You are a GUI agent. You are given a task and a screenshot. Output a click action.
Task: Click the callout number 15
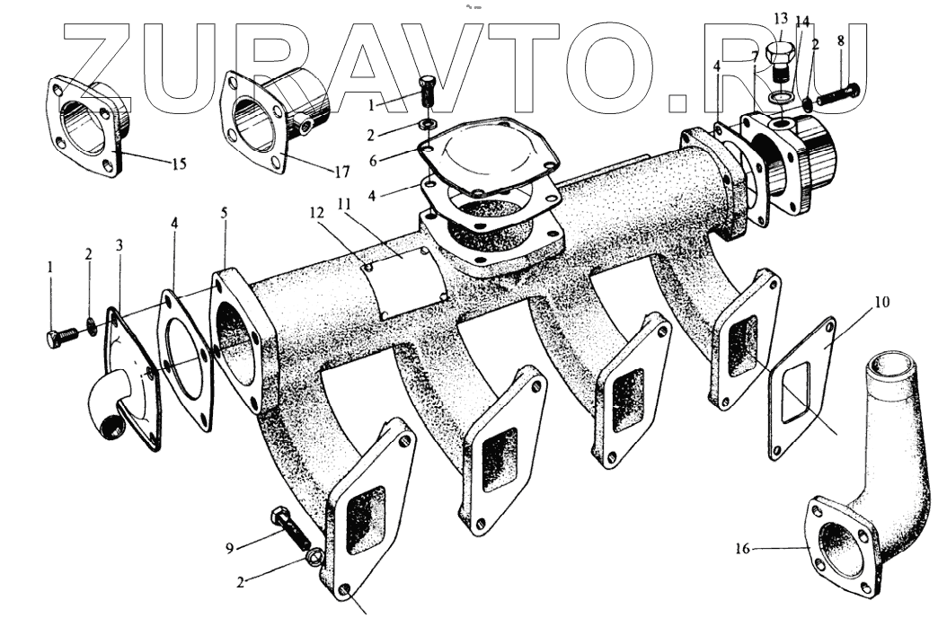179,164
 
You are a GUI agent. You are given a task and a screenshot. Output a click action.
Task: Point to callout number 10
881,303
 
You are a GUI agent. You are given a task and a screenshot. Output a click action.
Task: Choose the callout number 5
225,214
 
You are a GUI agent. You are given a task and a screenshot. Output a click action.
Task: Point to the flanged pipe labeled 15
85,126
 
